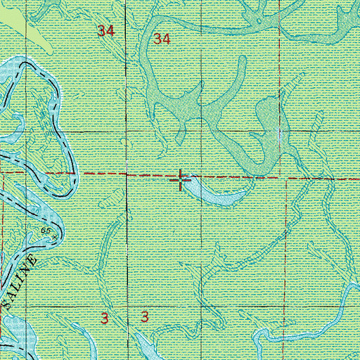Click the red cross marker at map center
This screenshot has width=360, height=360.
click(181, 180)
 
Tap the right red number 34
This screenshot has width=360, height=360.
click(162, 39)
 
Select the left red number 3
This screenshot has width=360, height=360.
click(104, 319)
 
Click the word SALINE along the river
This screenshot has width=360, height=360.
click(28, 279)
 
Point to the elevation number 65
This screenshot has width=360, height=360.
click(46, 230)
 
